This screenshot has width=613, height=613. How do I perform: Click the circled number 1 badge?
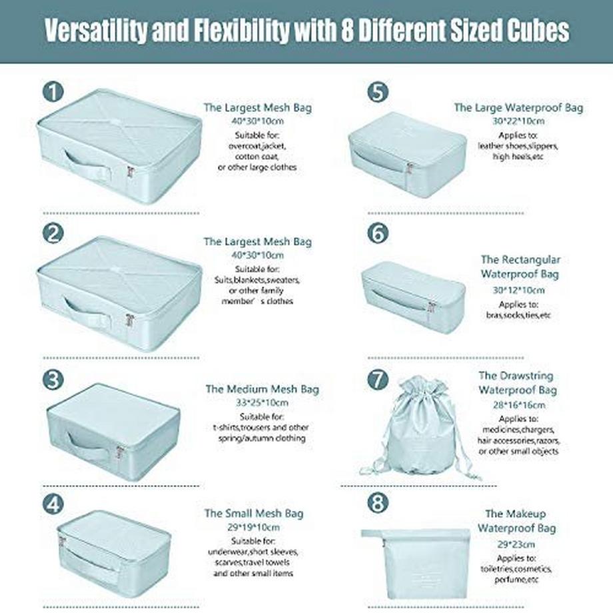click(x=53, y=92)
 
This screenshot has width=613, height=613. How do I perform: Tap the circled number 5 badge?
click(x=378, y=92)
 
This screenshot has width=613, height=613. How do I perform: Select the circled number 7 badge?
click(x=378, y=380)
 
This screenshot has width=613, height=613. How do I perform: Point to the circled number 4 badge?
click(x=53, y=504)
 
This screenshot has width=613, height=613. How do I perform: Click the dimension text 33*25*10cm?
click(x=262, y=402)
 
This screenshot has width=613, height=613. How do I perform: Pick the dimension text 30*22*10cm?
click(x=518, y=121)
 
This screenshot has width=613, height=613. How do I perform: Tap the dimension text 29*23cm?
click(x=516, y=544)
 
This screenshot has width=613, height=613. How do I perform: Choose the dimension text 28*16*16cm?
click(x=519, y=404)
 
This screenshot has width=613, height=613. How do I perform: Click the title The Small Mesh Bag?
click(x=254, y=513)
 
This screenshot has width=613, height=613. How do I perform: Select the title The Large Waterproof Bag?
click(x=518, y=107)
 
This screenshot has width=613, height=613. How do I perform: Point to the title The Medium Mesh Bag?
click(x=263, y=389)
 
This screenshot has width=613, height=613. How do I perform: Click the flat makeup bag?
click(x=415, y=563)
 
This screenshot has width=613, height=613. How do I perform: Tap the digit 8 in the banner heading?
click(x=348, y=30)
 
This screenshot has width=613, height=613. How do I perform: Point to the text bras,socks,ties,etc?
click(x=518, y=314)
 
